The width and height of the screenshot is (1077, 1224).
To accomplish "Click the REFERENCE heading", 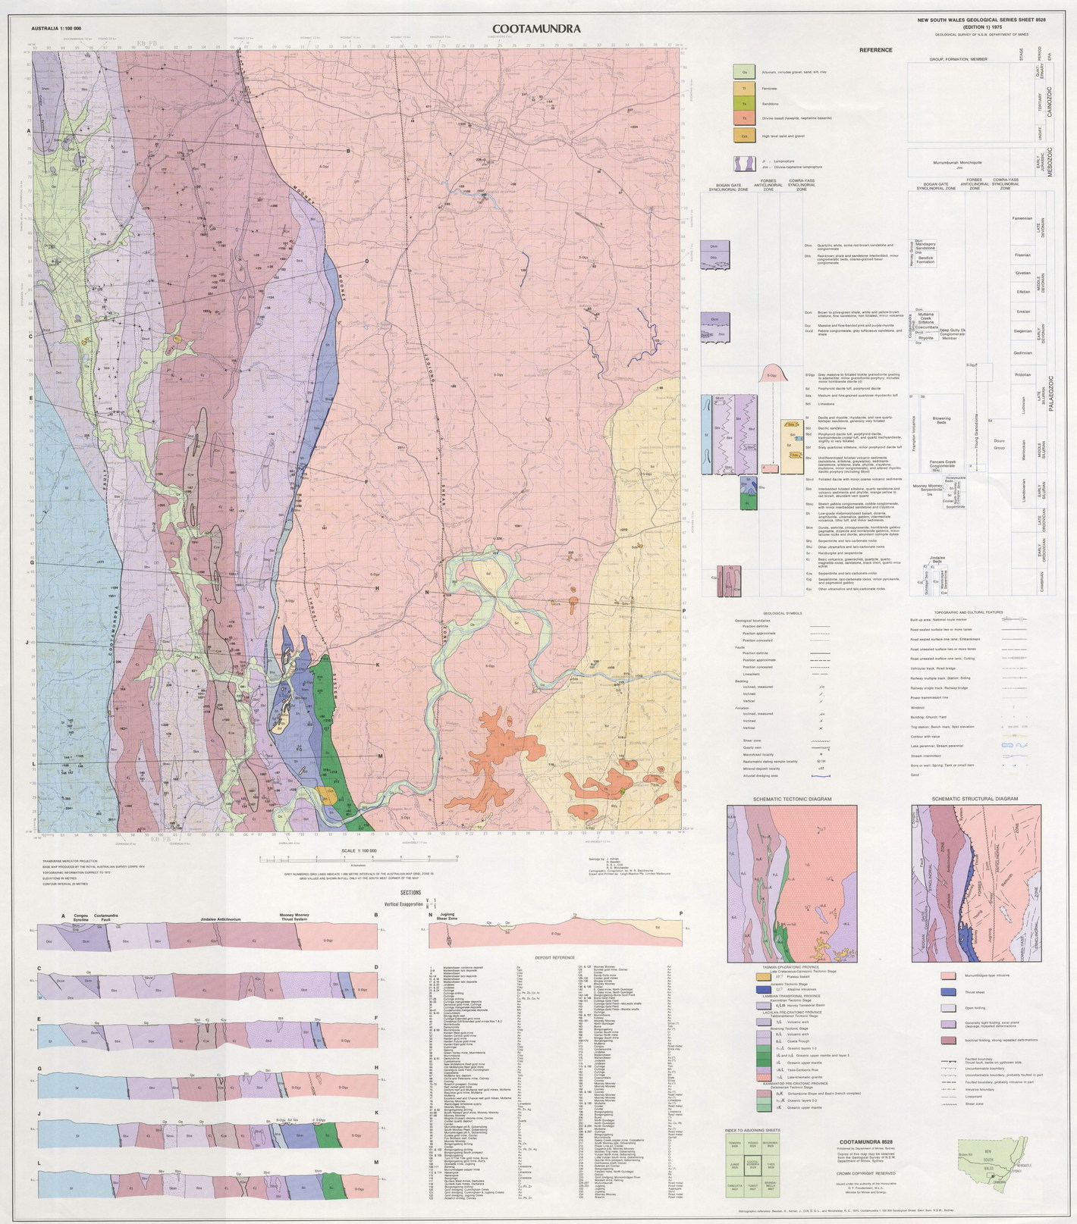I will [x=875, y=50].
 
